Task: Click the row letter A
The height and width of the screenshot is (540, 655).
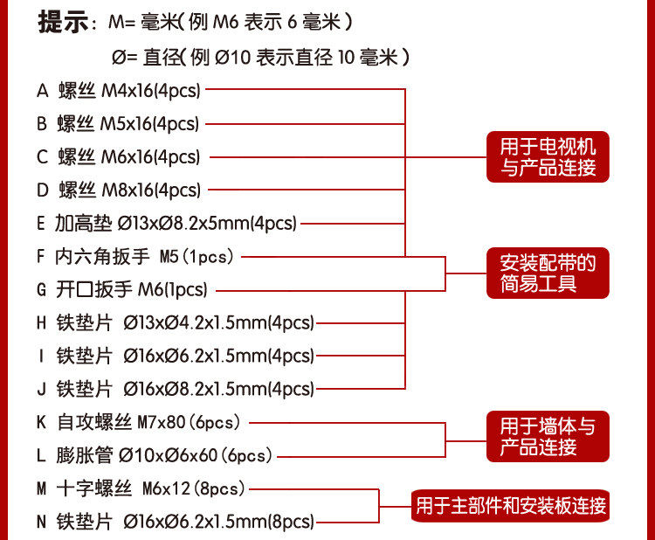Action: (41, 90)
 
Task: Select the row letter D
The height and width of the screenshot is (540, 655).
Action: (42, 190)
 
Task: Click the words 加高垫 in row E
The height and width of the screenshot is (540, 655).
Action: (83, 223)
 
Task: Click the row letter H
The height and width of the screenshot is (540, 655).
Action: (41, 322)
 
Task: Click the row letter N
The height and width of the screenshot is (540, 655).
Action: (41, 522)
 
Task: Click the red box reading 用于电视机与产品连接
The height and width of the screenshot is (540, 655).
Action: (548, 157)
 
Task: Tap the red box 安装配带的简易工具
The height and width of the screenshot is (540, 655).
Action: (548, 273)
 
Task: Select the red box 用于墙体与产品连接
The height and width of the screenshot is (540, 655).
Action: (548, 437)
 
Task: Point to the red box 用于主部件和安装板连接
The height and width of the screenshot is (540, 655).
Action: (510, 505)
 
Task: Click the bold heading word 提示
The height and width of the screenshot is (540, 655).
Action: (63, 23)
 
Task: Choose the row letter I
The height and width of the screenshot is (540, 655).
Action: (41, 356)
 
